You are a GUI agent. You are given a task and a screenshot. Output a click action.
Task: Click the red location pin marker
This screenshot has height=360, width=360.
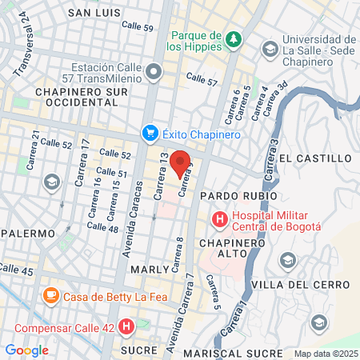tap(180, 162)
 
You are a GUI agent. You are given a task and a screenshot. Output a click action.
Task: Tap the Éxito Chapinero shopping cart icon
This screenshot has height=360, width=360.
tap(149, 134)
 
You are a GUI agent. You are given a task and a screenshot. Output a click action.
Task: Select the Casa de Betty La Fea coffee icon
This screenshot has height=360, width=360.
tap(50, 295)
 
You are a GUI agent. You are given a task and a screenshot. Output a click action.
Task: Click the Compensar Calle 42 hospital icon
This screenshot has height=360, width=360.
tap(126, 326)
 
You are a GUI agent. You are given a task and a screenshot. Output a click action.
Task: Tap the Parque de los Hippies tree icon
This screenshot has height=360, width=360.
tap(233, 38)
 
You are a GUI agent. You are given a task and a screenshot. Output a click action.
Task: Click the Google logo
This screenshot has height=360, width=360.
tap(26, 350)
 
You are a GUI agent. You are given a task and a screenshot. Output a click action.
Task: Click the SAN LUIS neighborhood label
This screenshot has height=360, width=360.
tap(94, 13)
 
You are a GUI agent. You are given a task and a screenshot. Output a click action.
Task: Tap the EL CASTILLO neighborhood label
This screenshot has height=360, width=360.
tap(316, 158)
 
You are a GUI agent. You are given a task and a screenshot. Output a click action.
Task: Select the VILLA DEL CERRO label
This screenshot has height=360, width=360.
tap(292, 286)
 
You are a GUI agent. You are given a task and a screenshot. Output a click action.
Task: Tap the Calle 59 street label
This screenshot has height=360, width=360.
tap(138, 26)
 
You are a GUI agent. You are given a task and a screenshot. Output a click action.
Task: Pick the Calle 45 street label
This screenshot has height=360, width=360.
tap(18, 272)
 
